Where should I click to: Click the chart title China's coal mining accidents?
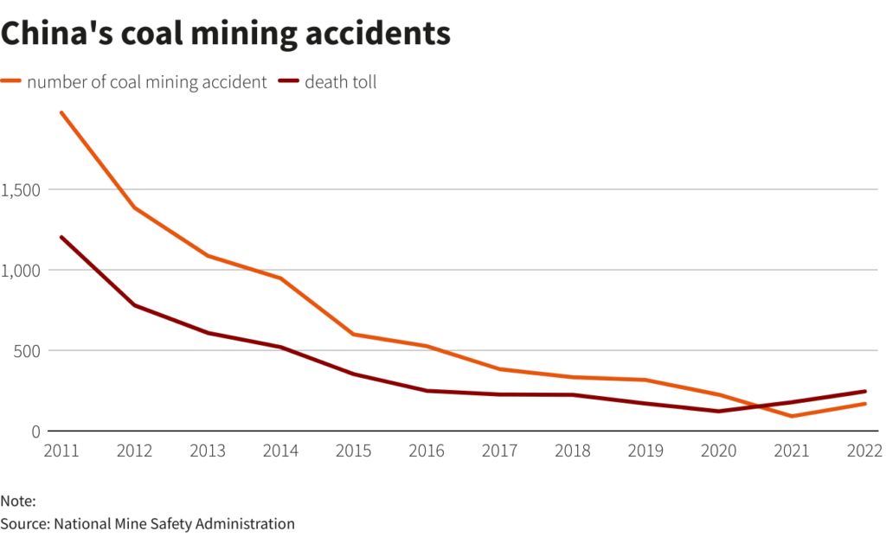[226, 34]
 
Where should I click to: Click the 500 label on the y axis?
[26, 351]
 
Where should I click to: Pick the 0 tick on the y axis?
[35, 432]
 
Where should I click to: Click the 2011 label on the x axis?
[61, 451]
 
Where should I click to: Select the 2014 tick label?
[280, 451]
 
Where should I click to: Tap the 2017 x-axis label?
[499, 451]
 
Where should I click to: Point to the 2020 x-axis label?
[718, 451]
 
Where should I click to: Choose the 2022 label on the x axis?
[864, 451]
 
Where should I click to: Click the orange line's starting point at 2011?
[61, 112]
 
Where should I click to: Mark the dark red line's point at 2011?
[61, 237]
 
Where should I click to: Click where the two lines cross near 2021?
[755, 406]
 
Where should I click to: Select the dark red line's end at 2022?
[864, 391]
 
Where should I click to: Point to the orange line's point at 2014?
[280, 278]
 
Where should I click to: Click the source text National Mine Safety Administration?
[174, 523]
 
